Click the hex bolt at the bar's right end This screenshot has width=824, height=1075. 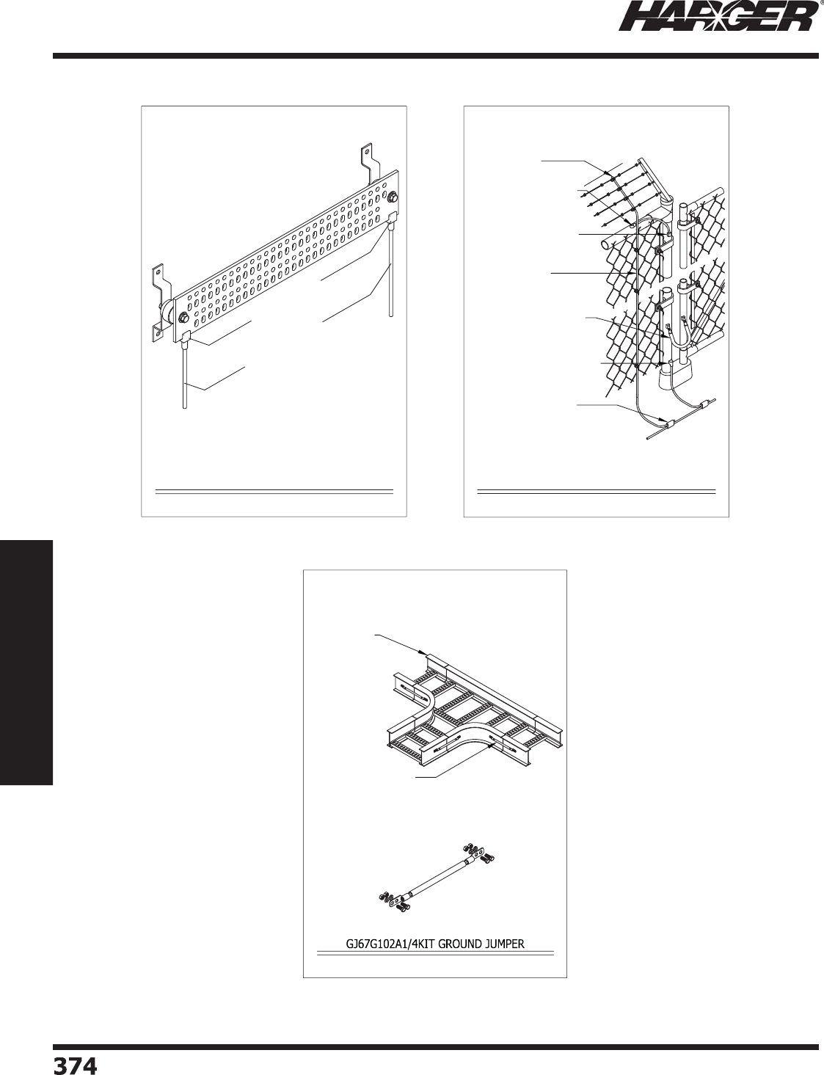(393, 197)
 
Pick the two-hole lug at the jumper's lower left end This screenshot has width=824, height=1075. (394, 900)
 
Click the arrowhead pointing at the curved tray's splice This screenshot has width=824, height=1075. (489, 746)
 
